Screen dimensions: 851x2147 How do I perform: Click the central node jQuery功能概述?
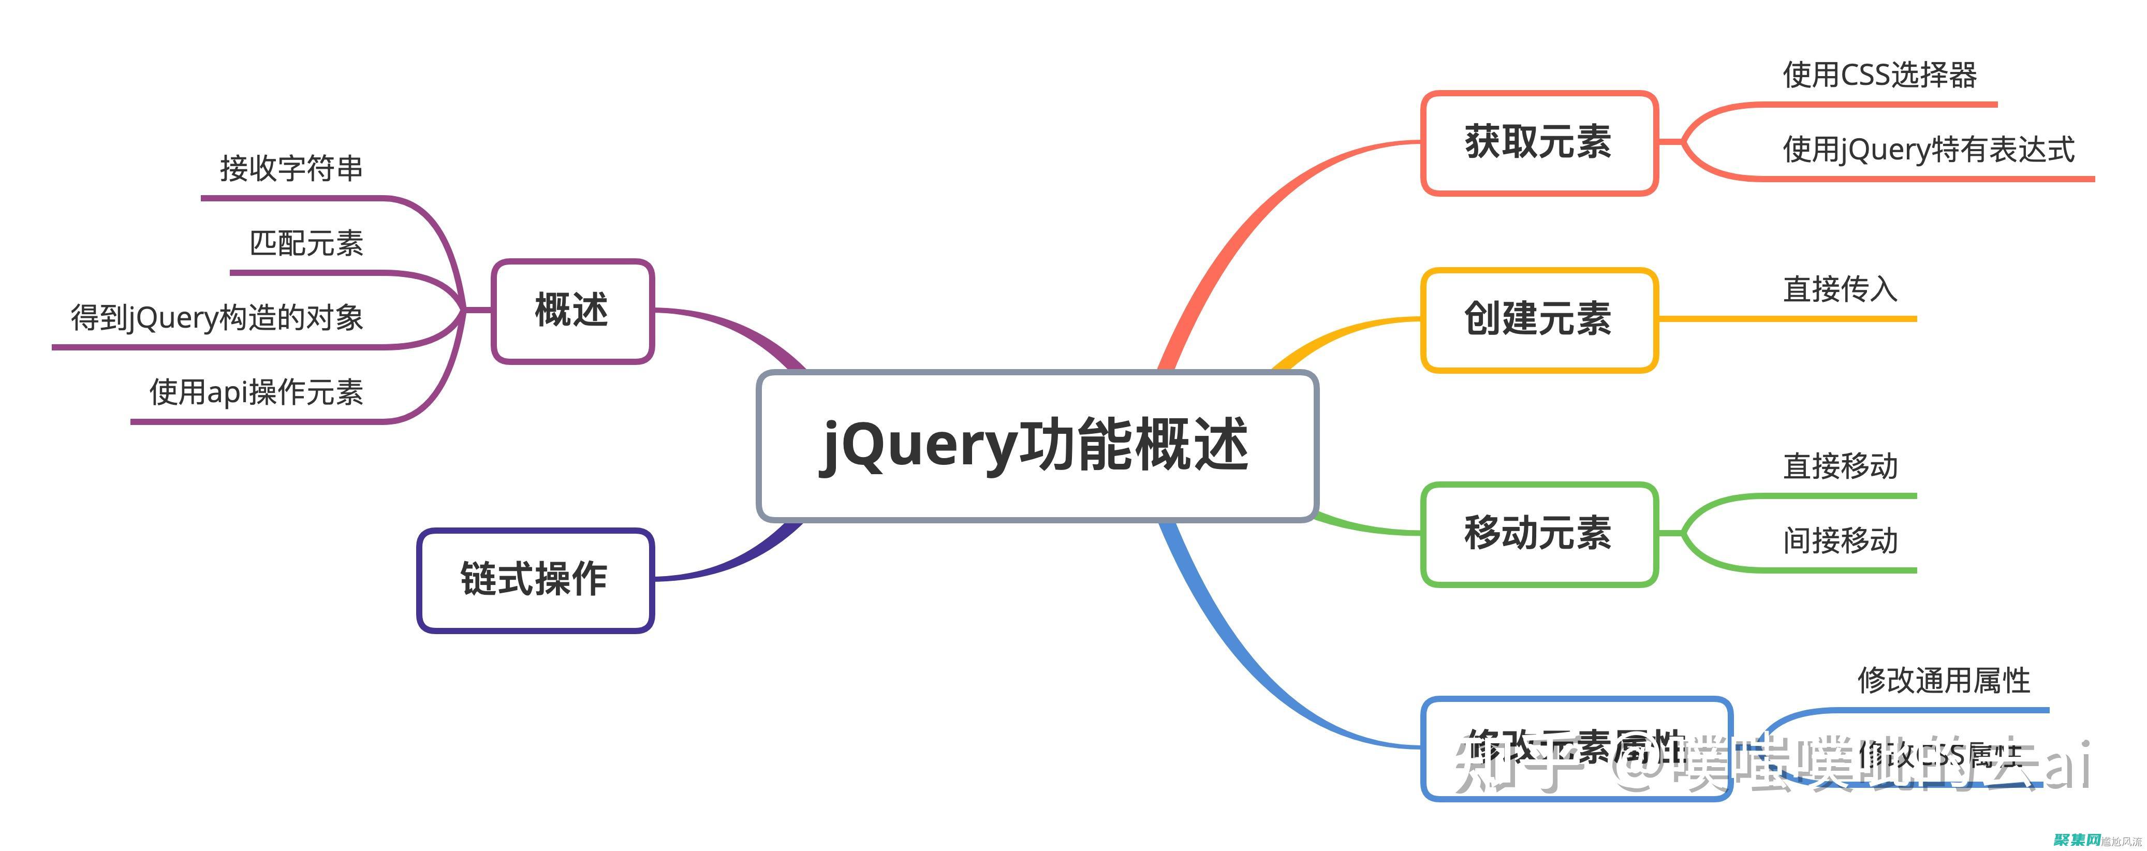point(1037,446)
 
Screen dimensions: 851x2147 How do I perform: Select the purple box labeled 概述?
point(572,311)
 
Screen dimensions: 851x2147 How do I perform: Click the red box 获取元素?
point(1539,142)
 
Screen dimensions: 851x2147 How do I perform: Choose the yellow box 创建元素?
point(1539,319)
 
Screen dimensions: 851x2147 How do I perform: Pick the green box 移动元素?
point(1539,534)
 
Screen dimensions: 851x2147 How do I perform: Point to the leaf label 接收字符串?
point(291,168)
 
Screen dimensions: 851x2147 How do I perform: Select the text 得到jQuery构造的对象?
point(217,317)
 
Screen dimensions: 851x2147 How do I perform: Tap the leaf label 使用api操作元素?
point(256,392)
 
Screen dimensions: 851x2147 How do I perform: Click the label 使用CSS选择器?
point(1879,75)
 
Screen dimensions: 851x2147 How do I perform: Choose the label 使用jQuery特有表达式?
point(1928,150)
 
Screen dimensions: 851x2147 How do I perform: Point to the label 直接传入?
point(1840,289)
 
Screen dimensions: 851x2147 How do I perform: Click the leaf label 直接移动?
point(1840,466)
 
